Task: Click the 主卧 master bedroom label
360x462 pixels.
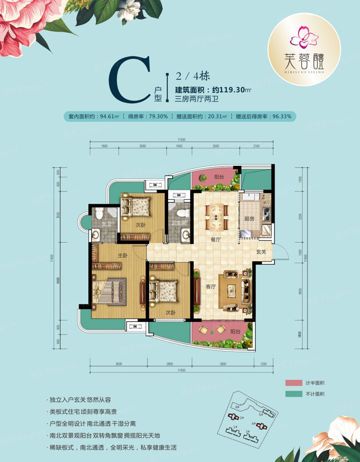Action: (x=123, y=255)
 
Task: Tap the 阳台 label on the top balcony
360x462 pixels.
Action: (x=219, y=177)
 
